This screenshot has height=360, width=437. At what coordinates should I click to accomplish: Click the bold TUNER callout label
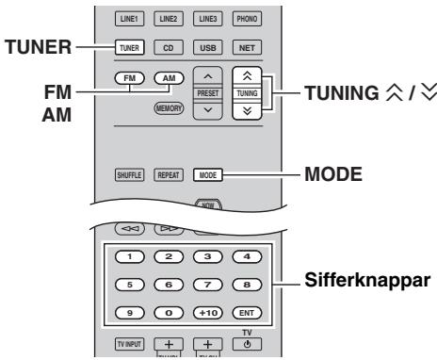pos(32,45)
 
